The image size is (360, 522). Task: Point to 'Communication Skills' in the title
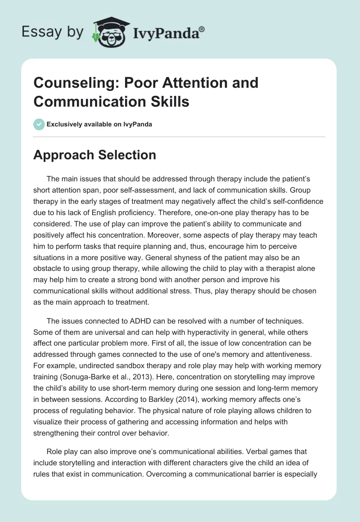[111, 101]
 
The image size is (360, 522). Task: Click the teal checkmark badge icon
[39, 124]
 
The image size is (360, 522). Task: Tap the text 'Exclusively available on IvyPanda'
[99, 124]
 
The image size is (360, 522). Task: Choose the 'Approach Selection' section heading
[95, 155]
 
